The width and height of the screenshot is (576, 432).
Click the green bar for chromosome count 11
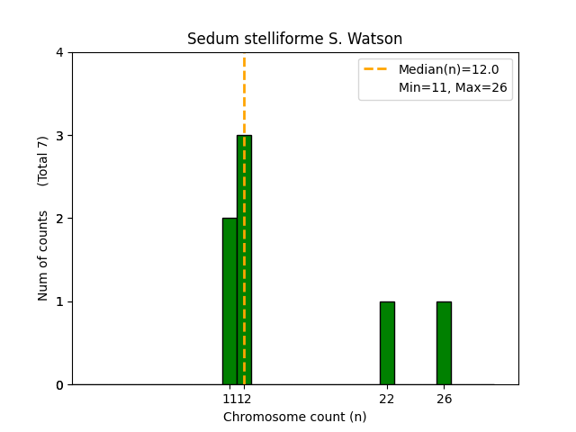tap(229, 301)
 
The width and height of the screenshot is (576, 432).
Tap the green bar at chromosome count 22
tap(387, 343)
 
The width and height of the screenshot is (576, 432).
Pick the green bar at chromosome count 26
tap(444, 343)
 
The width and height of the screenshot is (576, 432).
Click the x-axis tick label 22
tap(387, 399)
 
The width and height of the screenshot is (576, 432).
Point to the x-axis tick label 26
tap(444, 399)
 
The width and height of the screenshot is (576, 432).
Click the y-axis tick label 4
tap(59, 52)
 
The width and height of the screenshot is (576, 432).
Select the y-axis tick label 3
tap(59, 136)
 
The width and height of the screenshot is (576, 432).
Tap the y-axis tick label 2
tap(59, 219)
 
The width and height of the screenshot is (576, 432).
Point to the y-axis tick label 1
tap(59, 301)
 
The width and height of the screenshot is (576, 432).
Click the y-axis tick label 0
tap(59, 384)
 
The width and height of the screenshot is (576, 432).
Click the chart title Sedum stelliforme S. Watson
tap(294, 39)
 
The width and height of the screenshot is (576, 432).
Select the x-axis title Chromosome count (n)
tap(294, 417)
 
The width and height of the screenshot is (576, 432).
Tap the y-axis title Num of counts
tap(43, 256)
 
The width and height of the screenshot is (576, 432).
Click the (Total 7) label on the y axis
tap(43, 160)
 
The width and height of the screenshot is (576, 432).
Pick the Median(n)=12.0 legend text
tap(448, 69)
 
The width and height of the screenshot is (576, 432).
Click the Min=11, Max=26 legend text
tap(452, 87)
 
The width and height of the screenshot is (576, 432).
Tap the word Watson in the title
tap(377, 39)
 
